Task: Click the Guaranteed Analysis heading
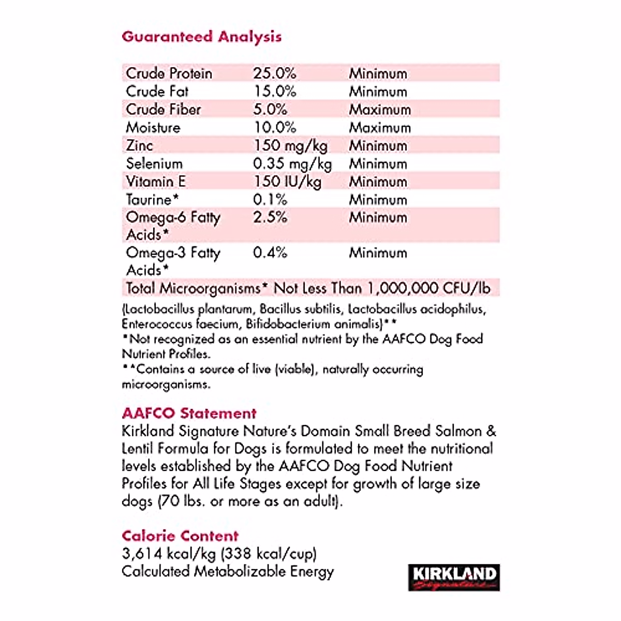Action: [201, 37]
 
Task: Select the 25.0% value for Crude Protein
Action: [274, 73]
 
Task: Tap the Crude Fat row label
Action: [157, 92]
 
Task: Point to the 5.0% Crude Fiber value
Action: [270, 110]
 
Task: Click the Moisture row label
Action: [153, 128]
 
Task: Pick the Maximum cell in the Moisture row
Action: [380, 128]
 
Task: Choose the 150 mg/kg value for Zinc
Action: [290, 146]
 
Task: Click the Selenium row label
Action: [154, 164]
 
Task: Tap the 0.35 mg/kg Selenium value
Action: [292, 164]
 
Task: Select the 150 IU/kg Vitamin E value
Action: [287, 182]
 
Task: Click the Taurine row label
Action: [152, 200]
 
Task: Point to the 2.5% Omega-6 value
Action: [270, 217]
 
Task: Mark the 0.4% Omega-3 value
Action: [270, 253]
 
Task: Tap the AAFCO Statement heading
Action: [189, 413]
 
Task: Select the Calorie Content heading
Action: [180, 536]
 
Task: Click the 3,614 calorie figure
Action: [141, 554]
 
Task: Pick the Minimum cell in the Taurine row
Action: [378, 200]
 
